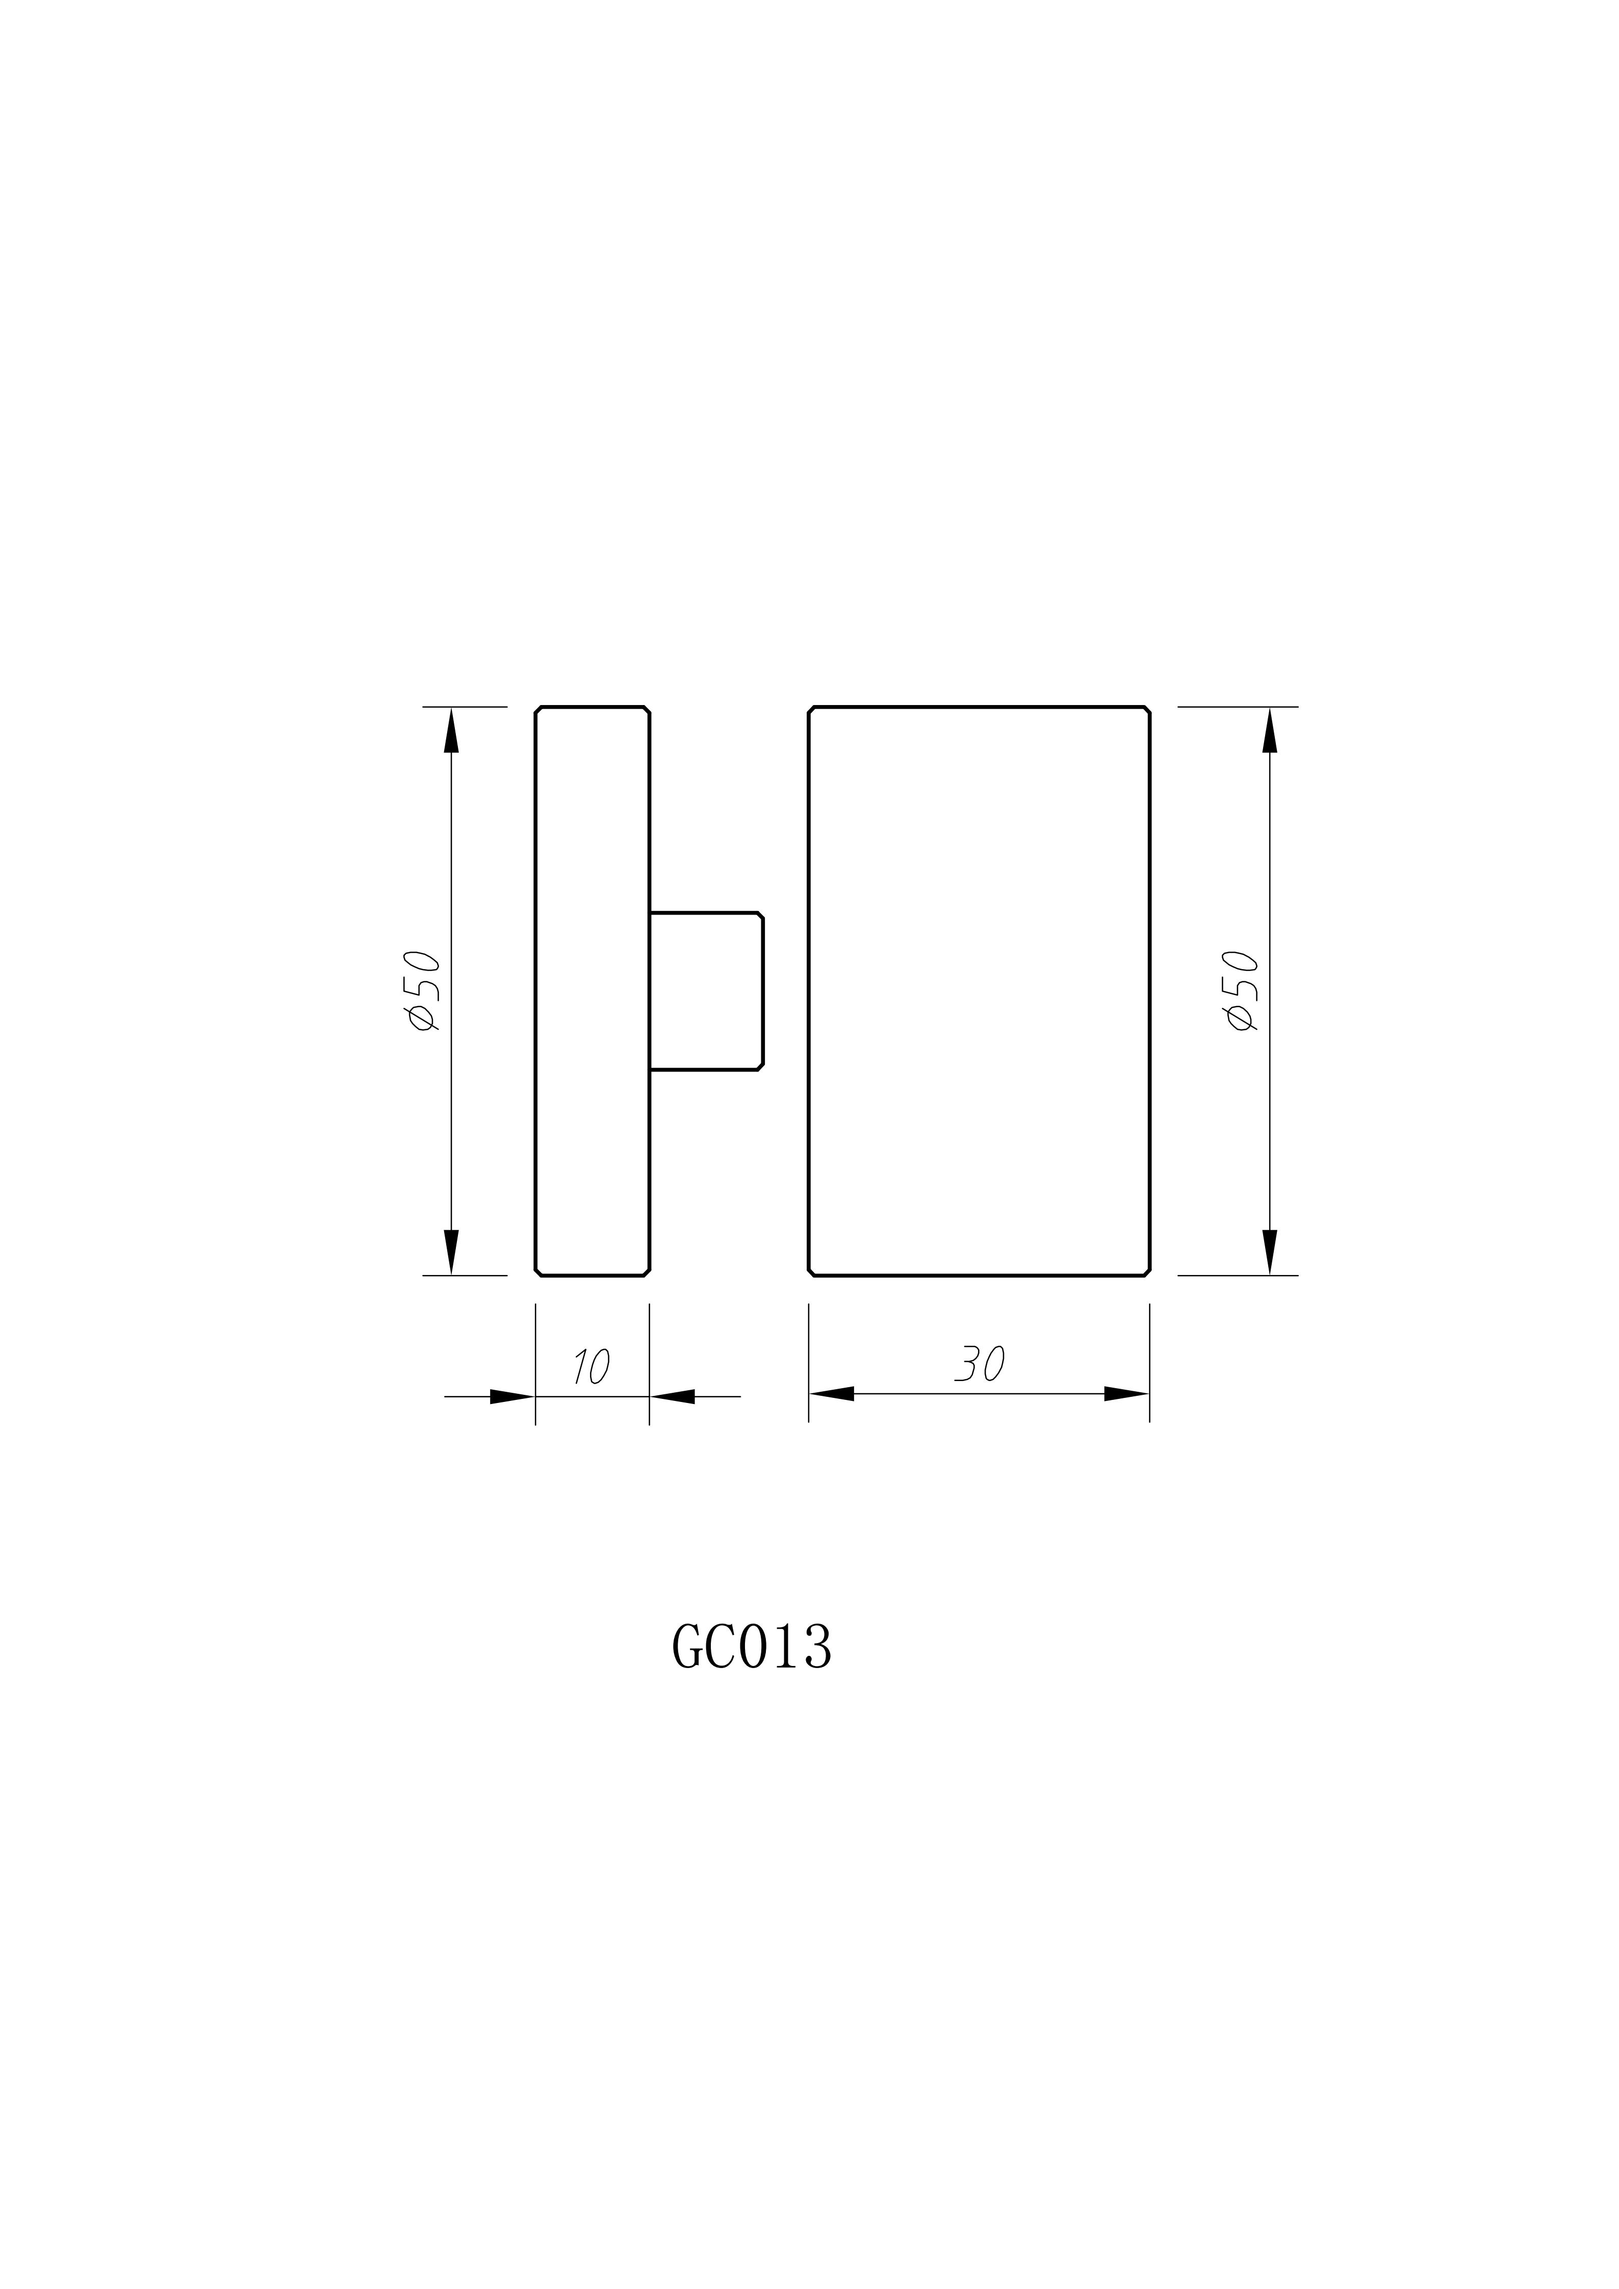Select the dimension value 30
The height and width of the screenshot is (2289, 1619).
(x=980, y=1364)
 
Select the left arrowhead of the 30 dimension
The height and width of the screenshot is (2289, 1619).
(x=832, y=1394)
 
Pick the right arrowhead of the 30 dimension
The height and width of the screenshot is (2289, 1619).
(x=1126, y=1394)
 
